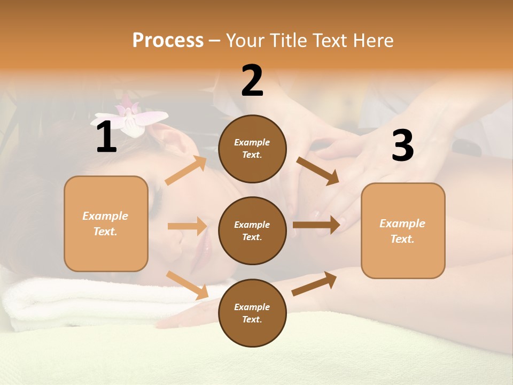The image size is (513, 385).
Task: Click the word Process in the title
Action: (x=168, y=41)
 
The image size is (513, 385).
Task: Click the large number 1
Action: (x=106, y=138)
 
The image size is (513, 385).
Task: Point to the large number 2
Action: (x=252, y=81)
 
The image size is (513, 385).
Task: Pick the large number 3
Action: (x=402, y=146)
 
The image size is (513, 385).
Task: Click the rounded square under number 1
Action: (x=106, y=224)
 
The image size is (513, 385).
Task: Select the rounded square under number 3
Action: (x=403, y=231)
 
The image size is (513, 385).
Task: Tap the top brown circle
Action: (x=252, y=149)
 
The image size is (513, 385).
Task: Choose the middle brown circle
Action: (x=252, y=231)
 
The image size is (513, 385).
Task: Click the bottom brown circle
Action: (x=252, y=313)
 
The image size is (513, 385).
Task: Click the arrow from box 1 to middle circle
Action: (x=187, y=226)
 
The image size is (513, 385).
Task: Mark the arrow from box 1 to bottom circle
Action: (x=187, y=285)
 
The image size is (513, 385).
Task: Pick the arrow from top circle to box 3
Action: (x=317, y=171)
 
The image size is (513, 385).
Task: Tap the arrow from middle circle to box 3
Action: (x=316, y=225)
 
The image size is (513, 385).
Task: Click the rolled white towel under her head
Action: (x=80, y=299)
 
